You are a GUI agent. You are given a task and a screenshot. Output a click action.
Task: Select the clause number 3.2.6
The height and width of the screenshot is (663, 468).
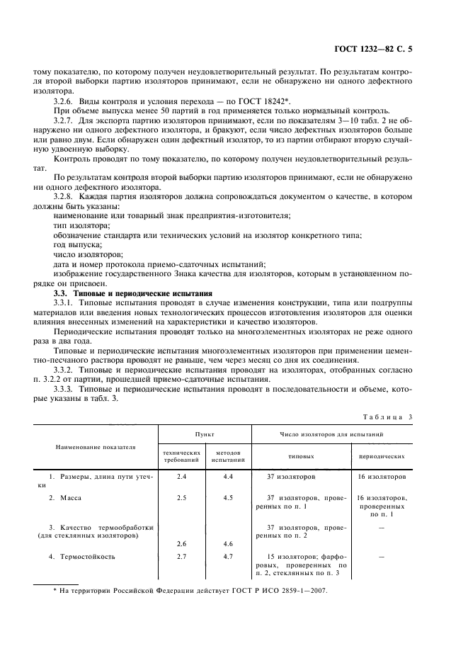[x=65, y=101]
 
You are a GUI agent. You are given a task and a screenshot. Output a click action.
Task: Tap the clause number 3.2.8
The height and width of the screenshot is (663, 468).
[x=65, y=195]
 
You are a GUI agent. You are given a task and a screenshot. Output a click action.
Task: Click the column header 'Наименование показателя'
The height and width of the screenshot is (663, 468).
[x=96, y=448]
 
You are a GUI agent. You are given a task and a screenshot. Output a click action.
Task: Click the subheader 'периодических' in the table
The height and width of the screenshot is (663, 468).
[x=382, y=457]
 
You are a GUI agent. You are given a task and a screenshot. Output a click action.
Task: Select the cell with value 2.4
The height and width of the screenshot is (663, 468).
[x=181, y=477]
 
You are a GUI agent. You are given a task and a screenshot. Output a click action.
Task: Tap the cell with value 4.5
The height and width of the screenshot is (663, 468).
[x=228, y=498]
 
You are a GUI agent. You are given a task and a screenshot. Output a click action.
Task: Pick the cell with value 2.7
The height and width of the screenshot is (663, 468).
[x=181, y=556]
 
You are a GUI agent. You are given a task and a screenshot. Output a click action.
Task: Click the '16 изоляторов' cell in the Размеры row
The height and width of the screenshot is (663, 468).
[x=382, y=477]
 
